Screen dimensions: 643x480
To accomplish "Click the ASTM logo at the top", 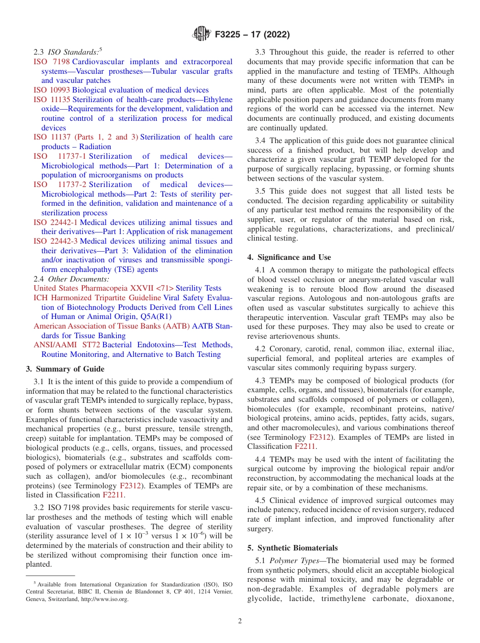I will click(x=202, y=34).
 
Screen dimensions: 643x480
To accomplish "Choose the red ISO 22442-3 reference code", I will click(x=56, y=241).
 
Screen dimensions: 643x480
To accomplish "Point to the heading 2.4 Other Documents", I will click(x=71, y=279).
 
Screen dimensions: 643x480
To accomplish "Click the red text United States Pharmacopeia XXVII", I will click(x=104, y=288).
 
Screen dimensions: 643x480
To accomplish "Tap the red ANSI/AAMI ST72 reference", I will click(x=67, y=345).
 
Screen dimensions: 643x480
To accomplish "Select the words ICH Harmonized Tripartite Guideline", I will click(x=97, y=298).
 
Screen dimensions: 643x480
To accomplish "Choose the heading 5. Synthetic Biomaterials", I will click(x=293, y=548).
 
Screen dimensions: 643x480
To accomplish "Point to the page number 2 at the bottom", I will click(x=240, y=621).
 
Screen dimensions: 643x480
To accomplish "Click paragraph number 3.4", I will click(x=261, y=141).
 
